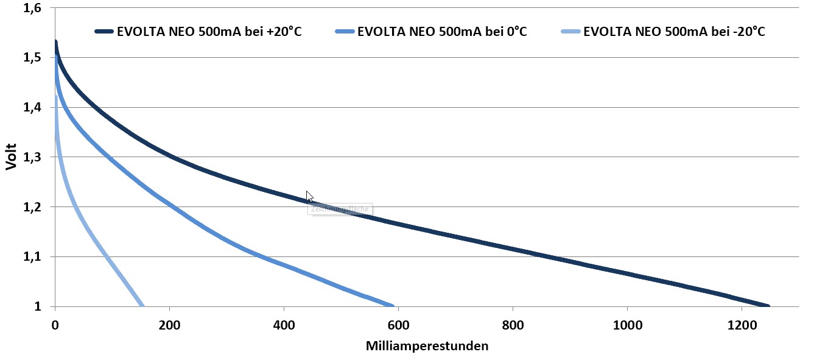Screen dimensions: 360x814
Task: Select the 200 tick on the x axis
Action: [169, 325]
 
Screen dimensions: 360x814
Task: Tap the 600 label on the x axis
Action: [398, 325]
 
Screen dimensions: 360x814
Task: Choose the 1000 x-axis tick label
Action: [627, 325]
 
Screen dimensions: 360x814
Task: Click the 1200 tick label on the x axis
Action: [741, 325]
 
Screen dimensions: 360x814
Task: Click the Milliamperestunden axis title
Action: [427, 346]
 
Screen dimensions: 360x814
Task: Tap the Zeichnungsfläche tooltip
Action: [340, 209]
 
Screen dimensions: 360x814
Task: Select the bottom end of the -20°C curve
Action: [142, 306]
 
